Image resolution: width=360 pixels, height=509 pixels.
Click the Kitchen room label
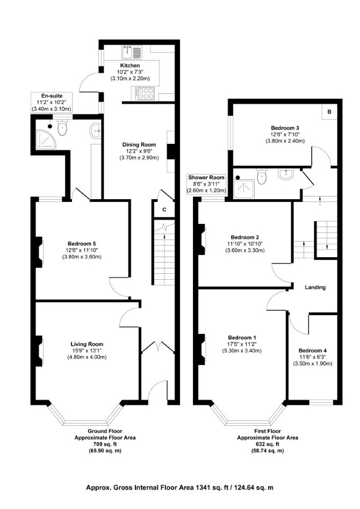tap(130, 66)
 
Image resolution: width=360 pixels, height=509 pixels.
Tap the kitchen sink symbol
tap(132, 52)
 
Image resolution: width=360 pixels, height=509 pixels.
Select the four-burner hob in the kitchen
tap(145, 93)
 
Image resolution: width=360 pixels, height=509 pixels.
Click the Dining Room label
tap(139, 145)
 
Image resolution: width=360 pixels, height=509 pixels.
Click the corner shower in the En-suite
tap(46, 140)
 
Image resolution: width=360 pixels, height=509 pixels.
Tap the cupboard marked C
tap(164, 209)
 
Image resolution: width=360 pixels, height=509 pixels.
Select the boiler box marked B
tap(329, 112)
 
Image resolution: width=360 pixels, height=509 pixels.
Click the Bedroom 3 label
tap(285, 128)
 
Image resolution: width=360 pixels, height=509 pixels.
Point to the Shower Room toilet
tap(262, 177)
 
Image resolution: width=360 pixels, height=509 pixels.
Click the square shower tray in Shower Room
tap(244, 189)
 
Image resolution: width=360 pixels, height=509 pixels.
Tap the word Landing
tap(315, 287)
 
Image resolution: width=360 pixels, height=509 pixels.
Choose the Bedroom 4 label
tap(313, 351)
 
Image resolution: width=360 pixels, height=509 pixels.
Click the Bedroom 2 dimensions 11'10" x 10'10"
tap(244, 244)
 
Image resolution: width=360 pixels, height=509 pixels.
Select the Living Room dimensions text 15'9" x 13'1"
tap(87, 351)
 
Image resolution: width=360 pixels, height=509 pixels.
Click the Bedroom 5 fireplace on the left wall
tap(39, 252)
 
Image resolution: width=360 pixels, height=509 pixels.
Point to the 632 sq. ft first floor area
tap(268, 445)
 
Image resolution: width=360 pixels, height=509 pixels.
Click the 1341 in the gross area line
tap(202, 487)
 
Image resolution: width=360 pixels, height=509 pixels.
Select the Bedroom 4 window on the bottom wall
tap(321, 403)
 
